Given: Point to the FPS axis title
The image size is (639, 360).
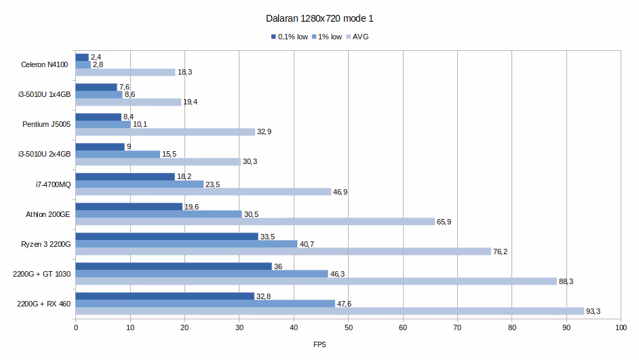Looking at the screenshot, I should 319,344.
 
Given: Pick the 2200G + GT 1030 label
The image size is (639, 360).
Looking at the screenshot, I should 41,274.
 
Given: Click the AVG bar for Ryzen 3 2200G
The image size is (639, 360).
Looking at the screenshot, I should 283,252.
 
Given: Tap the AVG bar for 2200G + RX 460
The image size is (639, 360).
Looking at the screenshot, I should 330,311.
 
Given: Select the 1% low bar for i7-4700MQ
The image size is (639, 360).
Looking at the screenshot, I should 140,184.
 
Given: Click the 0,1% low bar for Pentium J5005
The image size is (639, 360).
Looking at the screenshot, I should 98,117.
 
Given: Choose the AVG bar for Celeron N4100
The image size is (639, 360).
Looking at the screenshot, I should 125,73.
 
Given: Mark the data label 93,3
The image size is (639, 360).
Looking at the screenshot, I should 593,312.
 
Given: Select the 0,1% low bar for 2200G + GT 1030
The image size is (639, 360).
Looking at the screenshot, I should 174,266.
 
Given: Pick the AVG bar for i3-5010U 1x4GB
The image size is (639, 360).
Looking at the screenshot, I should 128,102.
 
